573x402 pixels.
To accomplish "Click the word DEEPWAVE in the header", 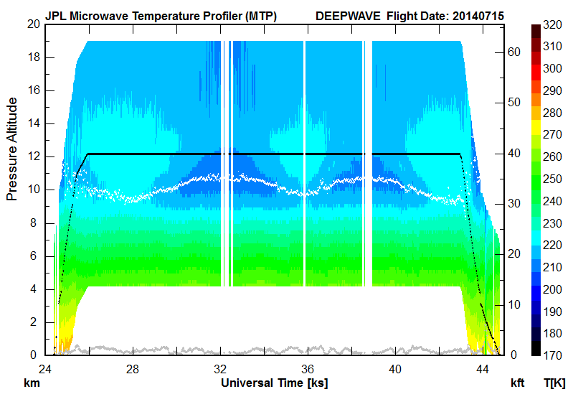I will pyautogui.click(x=349, y=15).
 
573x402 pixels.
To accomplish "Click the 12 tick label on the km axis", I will pyautogui.click(x=32, y=156).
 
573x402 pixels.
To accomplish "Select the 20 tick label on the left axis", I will pyautogui.click(x=32, y=24).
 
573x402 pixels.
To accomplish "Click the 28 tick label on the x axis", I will pyautogui.click(x=132, y=368).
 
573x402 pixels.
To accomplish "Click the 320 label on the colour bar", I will pyautogui.click(x=552, y=24).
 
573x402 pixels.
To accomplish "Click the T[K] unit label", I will pyautogui.click(x=554, y=383).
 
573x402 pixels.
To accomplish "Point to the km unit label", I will pyautogui.click(x=32, y=383).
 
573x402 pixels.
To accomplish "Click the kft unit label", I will pyautogui.click(x=518, y=383).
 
